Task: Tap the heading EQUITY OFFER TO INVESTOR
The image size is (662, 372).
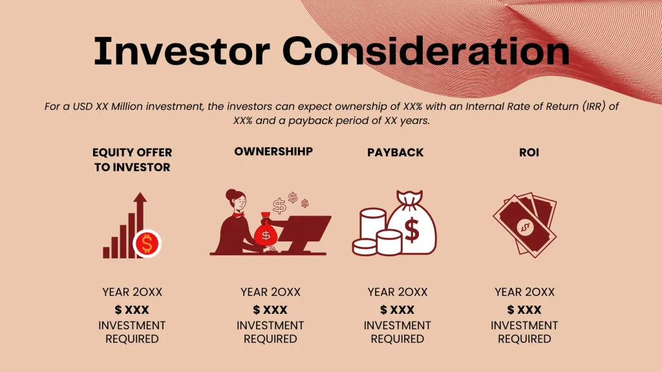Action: coord(132,160)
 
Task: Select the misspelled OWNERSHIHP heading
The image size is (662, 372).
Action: coord(273,152)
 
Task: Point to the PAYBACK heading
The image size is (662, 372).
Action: coord(395,153)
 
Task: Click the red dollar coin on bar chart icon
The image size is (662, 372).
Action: coord(147,243)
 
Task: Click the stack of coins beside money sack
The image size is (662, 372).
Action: coord(374,232)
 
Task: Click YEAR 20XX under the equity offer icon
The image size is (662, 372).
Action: coord(132,292)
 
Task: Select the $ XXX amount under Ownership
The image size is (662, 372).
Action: coord(270,310)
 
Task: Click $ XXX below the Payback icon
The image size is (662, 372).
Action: coord(397,310)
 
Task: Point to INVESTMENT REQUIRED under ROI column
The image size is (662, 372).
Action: coord(524,332)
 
